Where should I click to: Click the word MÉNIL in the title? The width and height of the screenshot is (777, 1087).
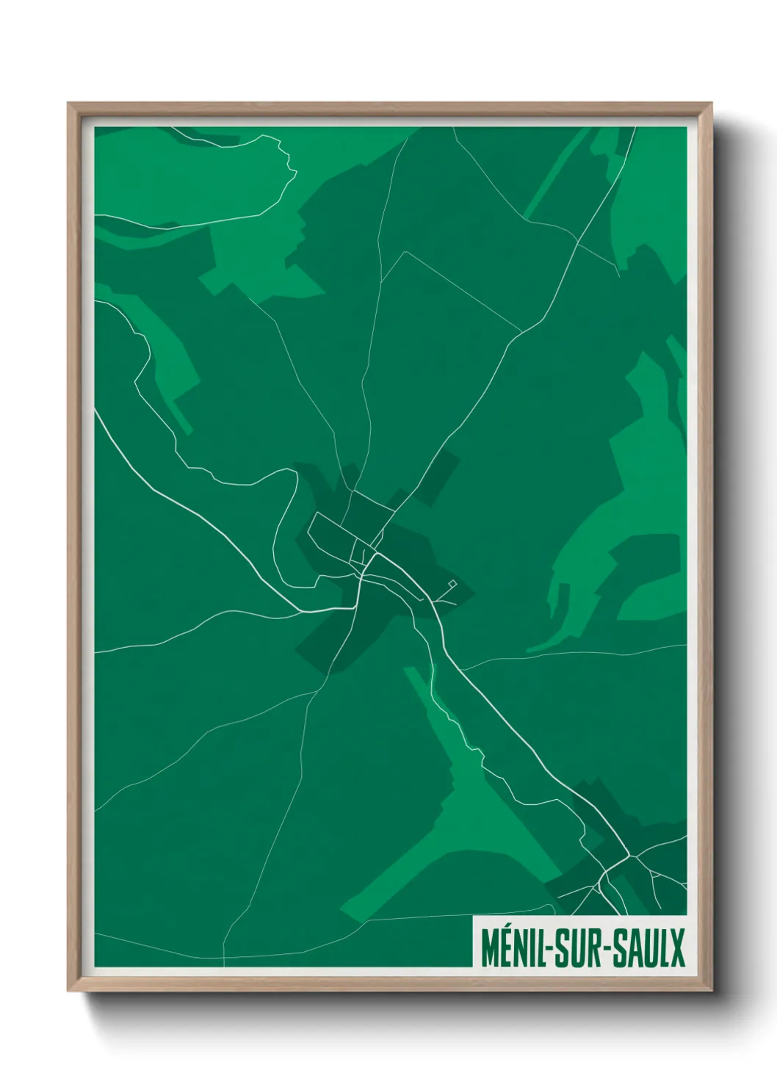512,948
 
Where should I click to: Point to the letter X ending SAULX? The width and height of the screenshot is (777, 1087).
676,948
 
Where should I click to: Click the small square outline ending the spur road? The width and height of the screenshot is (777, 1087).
452,584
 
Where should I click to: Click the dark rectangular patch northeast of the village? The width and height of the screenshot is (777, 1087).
438,477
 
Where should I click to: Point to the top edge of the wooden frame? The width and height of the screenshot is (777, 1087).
389,106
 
